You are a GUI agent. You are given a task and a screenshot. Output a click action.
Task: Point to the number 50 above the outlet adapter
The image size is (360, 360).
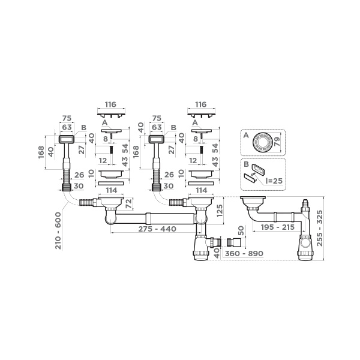[241, 231]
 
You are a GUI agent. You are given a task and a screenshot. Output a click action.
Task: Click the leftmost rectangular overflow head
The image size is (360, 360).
[66, 139]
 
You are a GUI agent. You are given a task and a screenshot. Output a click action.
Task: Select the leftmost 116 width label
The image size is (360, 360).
[110, 104]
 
